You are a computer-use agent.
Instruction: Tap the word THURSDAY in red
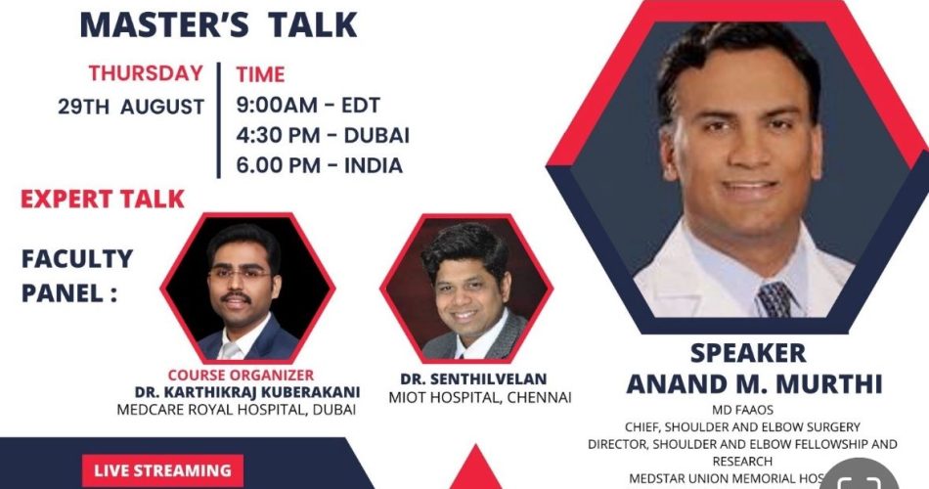click(146, 73)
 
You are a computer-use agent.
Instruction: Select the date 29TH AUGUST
click(130, 107)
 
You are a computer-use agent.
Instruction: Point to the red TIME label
click(260, 75)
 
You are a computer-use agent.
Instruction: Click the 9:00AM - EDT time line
click(307, 105)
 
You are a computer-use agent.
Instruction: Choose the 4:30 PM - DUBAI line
click(323, 135)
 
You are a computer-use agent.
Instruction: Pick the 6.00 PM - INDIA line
click(319, 165)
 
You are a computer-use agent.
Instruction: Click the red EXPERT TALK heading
click(103, 200)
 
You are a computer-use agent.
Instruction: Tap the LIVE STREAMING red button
click(162, 470)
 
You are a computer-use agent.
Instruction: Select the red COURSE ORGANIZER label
click(241, 375)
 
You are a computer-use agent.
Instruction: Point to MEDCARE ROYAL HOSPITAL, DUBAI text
click(237, 410)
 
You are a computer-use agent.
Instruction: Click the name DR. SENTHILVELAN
click(472, 378)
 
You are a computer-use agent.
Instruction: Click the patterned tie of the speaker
click(777, 298)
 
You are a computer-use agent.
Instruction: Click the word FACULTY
click(77, 259)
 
